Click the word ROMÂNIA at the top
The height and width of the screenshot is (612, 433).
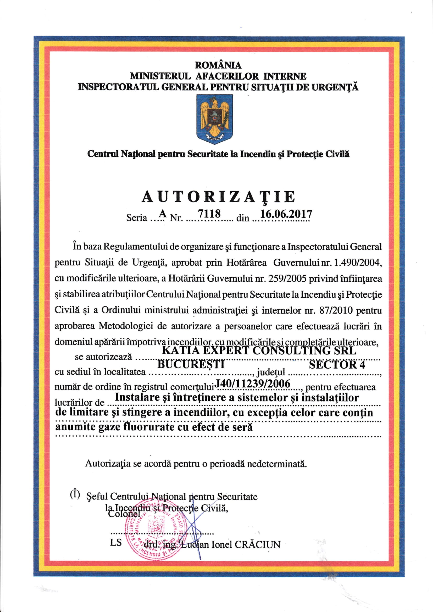(x=218, y=65)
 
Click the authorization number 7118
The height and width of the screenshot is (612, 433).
(x=209, y=214)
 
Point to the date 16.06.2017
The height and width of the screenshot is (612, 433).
(x=286, y=214)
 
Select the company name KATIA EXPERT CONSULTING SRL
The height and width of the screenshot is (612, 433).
(x=259, y=351)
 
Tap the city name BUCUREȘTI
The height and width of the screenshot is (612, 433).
(x=191, y=364)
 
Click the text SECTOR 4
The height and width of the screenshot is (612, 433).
(x=337, y=365)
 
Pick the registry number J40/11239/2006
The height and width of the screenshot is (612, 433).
(x=252, y=384)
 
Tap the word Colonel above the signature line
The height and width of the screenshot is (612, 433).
(x=124, y=514)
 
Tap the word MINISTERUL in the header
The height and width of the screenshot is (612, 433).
(x=160, y=76)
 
